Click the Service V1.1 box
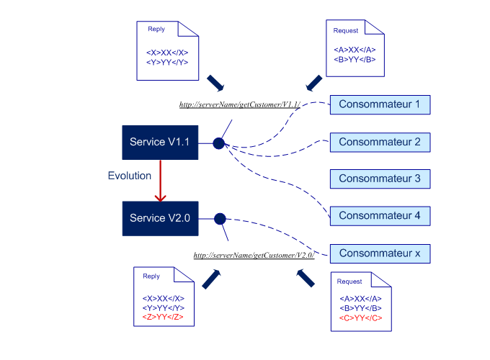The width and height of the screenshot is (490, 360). click(x=159, y=143)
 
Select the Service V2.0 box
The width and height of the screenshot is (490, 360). click(x=159, y=218)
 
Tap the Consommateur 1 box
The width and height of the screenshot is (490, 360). click(x=380, y=104)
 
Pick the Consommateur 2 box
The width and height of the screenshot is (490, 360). click(x=380, y=142)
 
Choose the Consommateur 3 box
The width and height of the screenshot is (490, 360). click(x=380, y=179)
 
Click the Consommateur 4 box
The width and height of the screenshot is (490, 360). click(x=380, y=215)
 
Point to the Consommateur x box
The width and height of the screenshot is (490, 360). click(x=380, y=253)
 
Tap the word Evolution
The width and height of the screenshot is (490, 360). click(x=130, y=176)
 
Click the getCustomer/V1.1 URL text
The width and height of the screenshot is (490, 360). click(x=239, y=105)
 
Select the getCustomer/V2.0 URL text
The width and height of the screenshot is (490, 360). click(x=254, y=256)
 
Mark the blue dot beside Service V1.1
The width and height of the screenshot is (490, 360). click(x=218, y=143)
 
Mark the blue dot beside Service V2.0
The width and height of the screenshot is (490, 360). click(x=220, y=218)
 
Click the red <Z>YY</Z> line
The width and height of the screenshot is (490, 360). click(x=164, y=316)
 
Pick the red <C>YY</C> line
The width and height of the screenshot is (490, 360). click(x=360, y=318)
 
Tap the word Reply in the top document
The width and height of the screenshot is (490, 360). click(x=156, y=30)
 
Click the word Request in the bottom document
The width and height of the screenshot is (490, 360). click(x=349, y=282)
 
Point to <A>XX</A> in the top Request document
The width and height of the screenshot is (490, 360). click(x=355, y=50)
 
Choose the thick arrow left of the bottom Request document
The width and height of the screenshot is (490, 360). click(x=306, y=277)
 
